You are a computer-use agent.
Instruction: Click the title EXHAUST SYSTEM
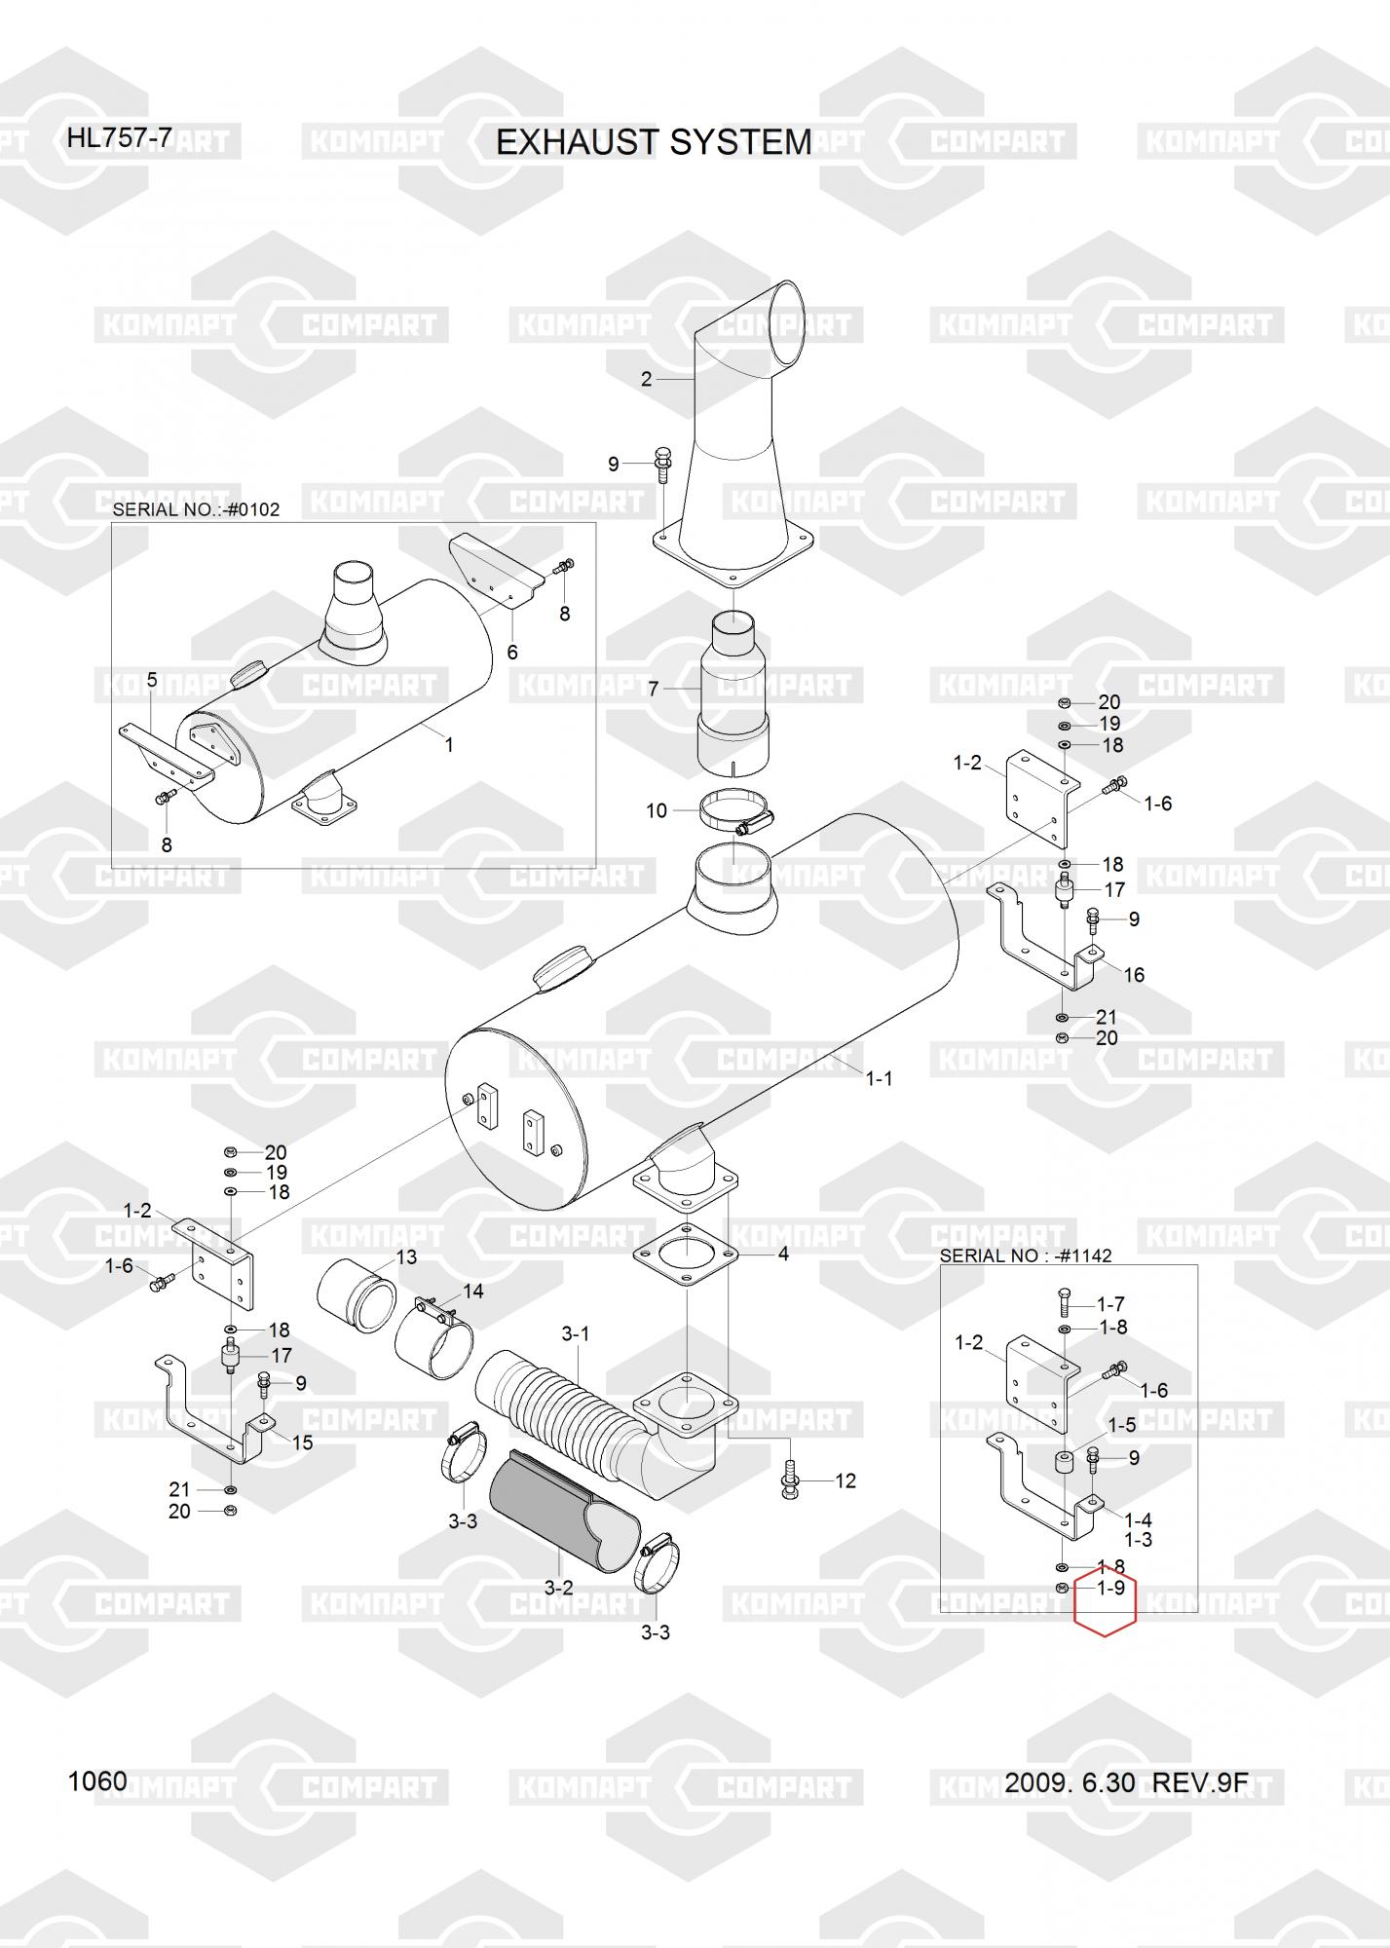[654, 142]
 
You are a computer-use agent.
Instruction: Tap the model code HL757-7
[119, 138]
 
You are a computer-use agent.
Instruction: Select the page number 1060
[97, 1781]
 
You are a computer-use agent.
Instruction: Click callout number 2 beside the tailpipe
[646, 379]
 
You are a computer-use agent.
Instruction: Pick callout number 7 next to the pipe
[654, 689]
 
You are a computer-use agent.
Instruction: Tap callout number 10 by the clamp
[657, 810]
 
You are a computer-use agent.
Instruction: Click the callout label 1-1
[879, 1078]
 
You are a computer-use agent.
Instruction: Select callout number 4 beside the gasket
[783, 1254]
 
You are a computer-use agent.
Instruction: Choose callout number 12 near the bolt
[845, 1480]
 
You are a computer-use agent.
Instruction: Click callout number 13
[406, 1256]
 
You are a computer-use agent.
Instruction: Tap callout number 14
[473, 1291]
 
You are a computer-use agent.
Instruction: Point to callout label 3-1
[575, 1333]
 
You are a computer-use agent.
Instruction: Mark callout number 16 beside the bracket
[1134, 975]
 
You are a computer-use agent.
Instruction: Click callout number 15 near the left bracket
[303, 1442]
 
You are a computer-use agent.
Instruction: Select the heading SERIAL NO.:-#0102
[196, 509]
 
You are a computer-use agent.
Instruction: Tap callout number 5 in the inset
[152, 679]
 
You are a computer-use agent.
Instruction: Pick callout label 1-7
[1111, 1303]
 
